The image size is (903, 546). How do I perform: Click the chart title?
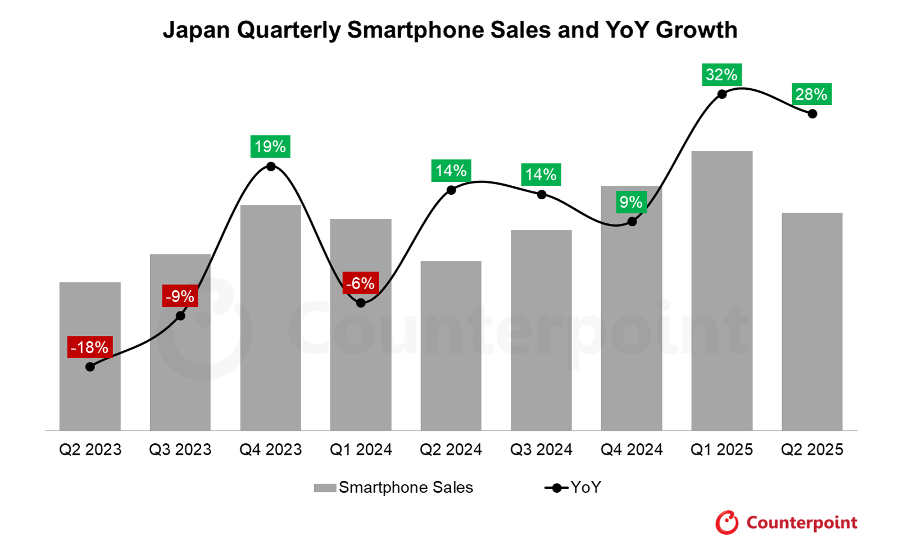tap(450, 30)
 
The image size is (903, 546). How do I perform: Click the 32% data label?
tap(722, 75)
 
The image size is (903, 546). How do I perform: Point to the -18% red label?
tap(90, 347)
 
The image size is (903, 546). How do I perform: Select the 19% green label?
tap(270, 146)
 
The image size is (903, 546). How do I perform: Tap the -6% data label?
tap(360, 283)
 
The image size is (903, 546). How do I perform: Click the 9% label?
tap(631, 202)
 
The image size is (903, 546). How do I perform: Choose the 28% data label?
tap(811, 94)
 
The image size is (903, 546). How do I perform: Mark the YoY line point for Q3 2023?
tap(180, 316)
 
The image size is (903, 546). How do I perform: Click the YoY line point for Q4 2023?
tap(271, 167)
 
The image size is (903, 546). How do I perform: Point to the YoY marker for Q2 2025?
tap(813, 114)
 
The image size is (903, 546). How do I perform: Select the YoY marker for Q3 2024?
tap(541, 195)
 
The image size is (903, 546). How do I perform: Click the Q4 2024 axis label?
tap(632, 449)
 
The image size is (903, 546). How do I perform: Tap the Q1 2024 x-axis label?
tap(361, 449)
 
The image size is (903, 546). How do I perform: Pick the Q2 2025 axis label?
tap(812, 449)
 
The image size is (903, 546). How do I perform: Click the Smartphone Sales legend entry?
tap(393, 488)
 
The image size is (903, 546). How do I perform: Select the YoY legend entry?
tap(573, 488)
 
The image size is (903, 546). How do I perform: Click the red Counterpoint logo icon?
tap(727, 522)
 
